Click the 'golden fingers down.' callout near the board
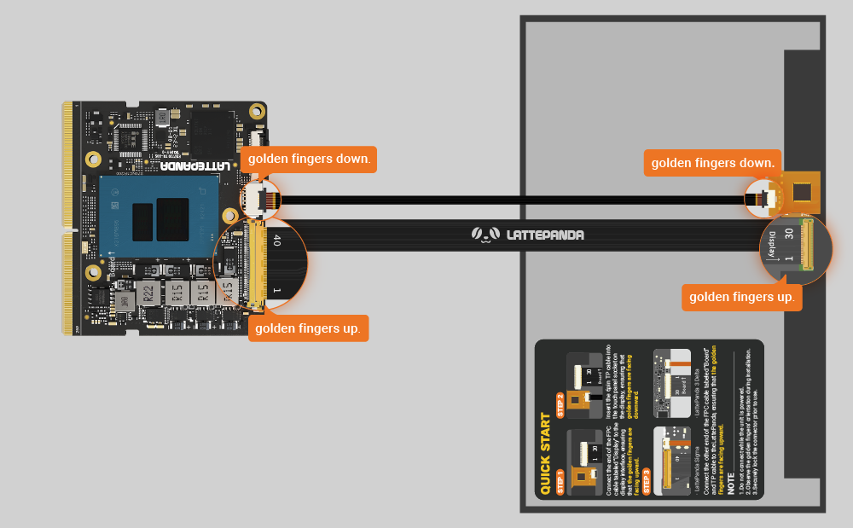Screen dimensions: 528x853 point(308,159)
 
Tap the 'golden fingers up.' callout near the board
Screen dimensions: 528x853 point(308,328)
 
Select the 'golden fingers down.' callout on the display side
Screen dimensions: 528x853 point(712,162)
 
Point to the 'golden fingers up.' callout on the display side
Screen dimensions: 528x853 point(742,297)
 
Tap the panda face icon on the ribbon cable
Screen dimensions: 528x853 point(485,235)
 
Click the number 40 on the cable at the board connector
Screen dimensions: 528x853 point(276,241)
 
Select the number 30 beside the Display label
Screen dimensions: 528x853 point(789,234)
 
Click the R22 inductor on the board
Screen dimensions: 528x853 point(148,293)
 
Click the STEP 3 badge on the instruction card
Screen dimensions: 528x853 point(647,483)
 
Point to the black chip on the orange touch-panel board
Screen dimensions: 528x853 point(804,191)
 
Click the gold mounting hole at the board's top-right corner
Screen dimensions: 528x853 point(256,110)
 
